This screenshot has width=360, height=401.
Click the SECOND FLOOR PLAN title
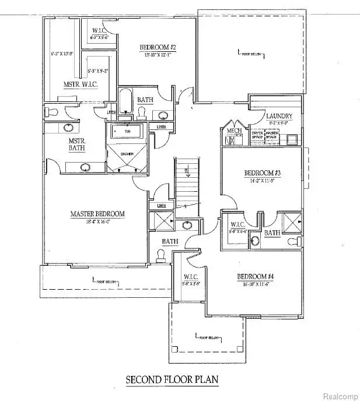tap(172, 379)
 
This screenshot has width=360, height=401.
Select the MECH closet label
tap(234, 131)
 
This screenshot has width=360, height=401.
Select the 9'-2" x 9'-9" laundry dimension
tap(279, 124)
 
